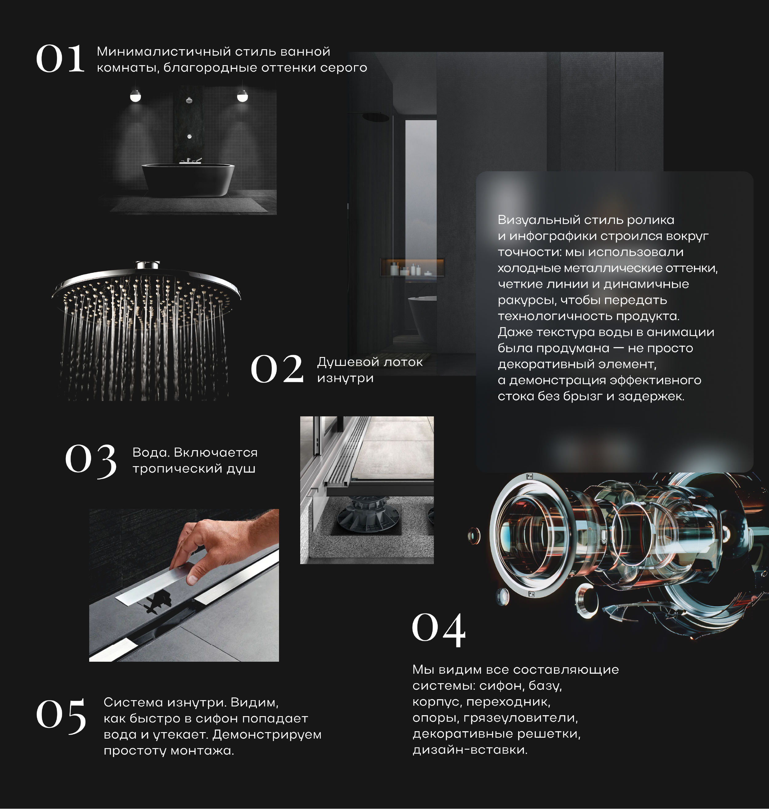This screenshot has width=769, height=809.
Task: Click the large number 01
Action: click(61, 59)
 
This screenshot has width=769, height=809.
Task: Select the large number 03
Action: click(91, 460)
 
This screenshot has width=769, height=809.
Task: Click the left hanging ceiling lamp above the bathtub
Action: click(135, 96)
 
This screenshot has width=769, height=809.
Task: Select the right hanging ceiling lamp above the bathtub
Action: click(242, 96)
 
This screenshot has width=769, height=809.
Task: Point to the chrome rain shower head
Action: click(146, 283)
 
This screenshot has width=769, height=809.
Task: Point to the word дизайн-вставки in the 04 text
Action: click(470, 750)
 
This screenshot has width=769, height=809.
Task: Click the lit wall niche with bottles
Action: click(412, 267)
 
